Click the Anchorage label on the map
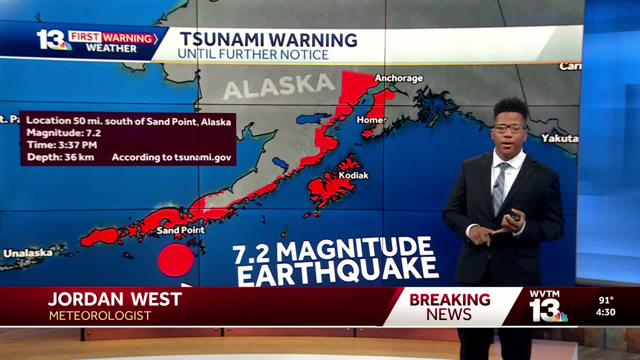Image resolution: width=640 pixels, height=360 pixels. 398,78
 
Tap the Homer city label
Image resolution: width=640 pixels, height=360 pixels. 371,120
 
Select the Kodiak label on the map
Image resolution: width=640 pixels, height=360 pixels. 353,175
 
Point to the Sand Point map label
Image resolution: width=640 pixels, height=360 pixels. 180,230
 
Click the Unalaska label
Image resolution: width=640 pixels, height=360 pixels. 28,253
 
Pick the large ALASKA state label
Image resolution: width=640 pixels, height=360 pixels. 278,86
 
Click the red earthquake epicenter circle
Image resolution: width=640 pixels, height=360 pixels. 175,260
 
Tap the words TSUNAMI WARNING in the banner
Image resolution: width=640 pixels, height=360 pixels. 268,39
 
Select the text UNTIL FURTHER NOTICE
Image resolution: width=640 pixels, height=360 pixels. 253,54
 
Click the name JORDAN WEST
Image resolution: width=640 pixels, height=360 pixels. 115,299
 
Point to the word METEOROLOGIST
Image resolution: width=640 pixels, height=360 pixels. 100,316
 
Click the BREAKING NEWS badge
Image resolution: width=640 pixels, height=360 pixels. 449,306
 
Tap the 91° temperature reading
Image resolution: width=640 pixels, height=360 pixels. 606,300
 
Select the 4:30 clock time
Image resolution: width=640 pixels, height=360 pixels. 605,312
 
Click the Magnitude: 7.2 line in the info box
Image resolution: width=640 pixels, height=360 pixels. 63,133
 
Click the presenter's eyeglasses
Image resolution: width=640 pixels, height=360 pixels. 509,128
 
